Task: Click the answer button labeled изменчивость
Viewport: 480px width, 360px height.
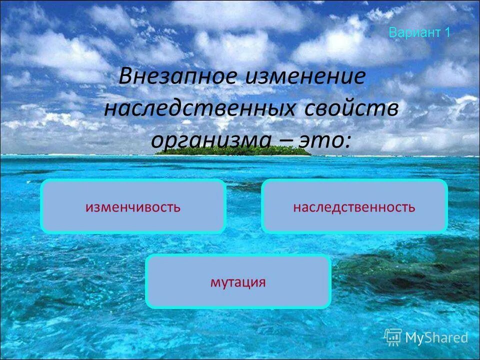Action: point(133,206)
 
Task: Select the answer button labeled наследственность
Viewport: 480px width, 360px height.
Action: point(354,206)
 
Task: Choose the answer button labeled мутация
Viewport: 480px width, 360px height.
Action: point(238,281)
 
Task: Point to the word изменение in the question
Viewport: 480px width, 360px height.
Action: point(304,77)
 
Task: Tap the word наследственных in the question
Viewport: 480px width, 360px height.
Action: point(199,108)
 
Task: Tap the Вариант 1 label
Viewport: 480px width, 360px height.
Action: point(419,33)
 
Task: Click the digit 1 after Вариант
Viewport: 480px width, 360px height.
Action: point(447,33)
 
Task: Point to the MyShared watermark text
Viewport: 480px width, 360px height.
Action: point(436,338)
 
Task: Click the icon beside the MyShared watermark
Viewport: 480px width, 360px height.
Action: point(393,337)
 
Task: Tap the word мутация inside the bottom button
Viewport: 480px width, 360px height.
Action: point(238,282)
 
